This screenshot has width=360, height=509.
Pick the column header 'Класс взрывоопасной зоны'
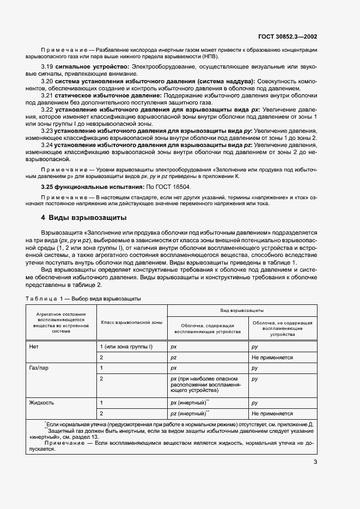tap(131, 322)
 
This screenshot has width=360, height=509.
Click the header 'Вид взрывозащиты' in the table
tap(242, 309)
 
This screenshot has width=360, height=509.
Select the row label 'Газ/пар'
tap(39, 368)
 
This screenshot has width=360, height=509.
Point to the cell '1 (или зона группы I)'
tap(126, 346)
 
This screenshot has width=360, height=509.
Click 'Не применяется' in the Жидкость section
tap(272, 413)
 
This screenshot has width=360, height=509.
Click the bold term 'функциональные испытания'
tap(90, 187)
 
